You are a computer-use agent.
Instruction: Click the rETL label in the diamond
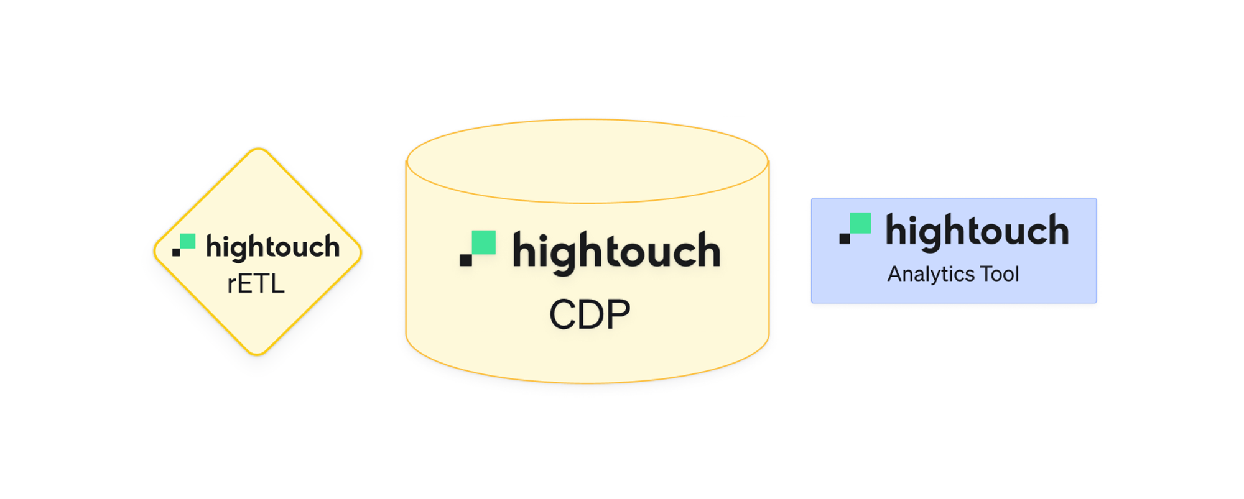tap(256, 285)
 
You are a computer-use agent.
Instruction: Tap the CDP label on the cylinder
tap(590, 314)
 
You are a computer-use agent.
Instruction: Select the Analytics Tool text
tap(953, 274)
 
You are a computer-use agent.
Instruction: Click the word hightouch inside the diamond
tap(272, 247)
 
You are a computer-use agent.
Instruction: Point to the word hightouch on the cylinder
tap(616, 251)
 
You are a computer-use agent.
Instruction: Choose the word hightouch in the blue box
tap(977, 231)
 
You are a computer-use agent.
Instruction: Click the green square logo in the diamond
tap(188, 241)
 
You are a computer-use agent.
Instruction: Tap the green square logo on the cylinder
tap(484, 242)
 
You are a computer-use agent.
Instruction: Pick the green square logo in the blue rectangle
tap(860, 223)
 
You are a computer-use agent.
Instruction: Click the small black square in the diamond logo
tap(176, 252)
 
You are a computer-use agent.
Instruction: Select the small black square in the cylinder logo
tap(465, 260)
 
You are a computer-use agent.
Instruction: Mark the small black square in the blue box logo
tap(844, 239)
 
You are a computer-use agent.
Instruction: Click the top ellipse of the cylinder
tap(588, 161)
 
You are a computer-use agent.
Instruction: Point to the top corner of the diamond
tap(258, 150)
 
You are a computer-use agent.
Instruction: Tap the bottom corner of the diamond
tap(258, 354)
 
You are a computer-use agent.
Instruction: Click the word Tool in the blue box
tap(1000, 274)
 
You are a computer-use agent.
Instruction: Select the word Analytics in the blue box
tap(931, 274)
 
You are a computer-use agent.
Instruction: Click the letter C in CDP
tap(562, 314)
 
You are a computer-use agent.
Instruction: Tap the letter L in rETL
tap(277, 285)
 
